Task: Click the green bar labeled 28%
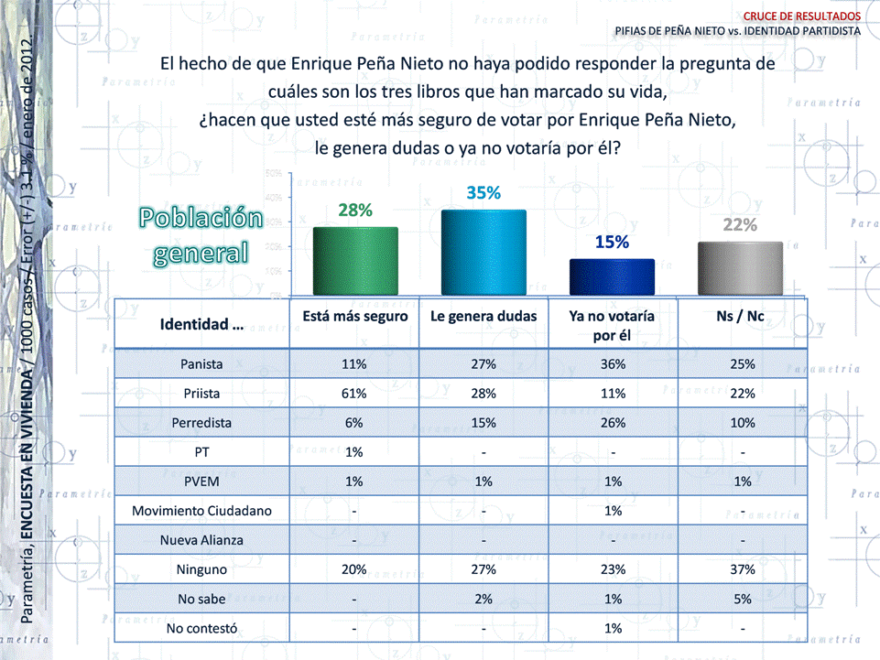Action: (x=354, y=260)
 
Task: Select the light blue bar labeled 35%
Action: (x=483, y=251)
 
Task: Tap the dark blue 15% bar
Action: (x=612, y=276)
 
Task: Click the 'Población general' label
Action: (x=201, y=234)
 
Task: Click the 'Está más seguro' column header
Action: (x=354, y=316)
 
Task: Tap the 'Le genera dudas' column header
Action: (x=483, y=316)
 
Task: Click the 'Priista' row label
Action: (x=202, y=394)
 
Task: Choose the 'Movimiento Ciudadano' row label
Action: (x=202, y=511)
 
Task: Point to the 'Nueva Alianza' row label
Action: (x=202, y=540)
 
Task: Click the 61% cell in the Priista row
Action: (x=354, y=394)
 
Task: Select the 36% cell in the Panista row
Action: (x=612, y=364)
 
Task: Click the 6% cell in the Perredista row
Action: (x=354, y=423)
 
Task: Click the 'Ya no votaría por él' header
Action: (x=612, y=324)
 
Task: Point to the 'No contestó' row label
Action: (x=202, y=628)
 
